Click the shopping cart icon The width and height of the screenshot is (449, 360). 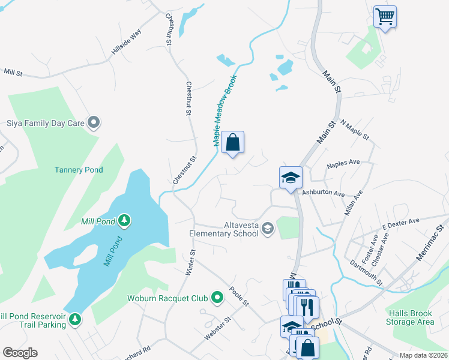[385, 16]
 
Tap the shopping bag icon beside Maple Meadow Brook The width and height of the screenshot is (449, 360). [233, 143]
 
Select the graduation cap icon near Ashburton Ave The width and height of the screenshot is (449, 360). [291, 178]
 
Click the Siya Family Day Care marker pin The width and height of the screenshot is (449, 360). [94, 123]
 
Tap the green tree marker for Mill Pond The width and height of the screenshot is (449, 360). [124, 221]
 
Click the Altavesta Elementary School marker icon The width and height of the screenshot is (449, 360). [268, 228]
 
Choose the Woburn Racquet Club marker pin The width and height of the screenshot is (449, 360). [217, 297]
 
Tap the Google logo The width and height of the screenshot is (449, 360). [20, 353]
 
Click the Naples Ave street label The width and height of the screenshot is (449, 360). [343, 163]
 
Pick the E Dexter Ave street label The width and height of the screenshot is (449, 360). [400, 224]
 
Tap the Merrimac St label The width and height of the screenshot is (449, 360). [431, 242]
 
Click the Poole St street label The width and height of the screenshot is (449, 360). [238, 296]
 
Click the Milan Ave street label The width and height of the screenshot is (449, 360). [354, 203]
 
